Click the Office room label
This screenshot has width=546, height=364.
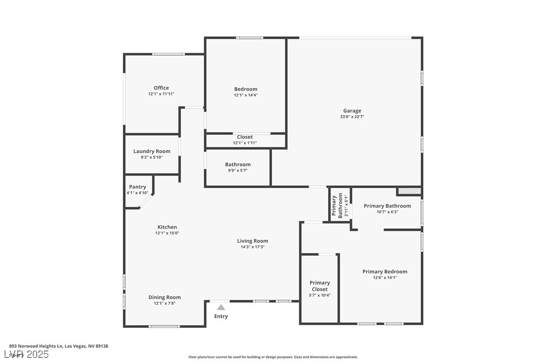pyautogui.click(x=161, y=88)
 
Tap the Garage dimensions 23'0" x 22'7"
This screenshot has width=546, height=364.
pyautogui.click(x=352, y=117)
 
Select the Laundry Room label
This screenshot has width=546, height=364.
pyautogui.click(x=152, y=151)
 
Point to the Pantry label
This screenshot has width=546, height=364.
pyautogui.click(x=137, y=187)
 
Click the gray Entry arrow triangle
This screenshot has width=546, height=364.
pyautogui.click(x=221, y=307)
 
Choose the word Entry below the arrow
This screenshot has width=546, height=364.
pyautogui.click(x=221, y=316)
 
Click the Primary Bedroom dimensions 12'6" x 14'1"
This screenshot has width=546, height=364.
pyautogui.click(x=385, y=278)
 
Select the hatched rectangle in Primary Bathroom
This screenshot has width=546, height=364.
pyautogui.click(x=409, y=191)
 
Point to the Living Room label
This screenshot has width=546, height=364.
pyautogui.click(x=252, y=241)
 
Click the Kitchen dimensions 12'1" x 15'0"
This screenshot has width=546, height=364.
pyautogui.click(x=167, y=233)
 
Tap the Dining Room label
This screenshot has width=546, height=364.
pyautogui.click(x=164, y=297)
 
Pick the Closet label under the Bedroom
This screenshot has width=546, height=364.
pyautogui.click(x=245, y=137)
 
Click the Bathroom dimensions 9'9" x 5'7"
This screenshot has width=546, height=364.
pyautogui.click(x=238, y=170)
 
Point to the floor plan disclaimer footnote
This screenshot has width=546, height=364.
pyautogui.click(x=273, y=357)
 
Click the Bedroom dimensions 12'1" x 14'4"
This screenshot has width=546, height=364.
pyautogui.click(x=246, y=95)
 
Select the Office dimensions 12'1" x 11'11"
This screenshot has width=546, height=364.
pyautogui.click(x=161, y=94)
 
